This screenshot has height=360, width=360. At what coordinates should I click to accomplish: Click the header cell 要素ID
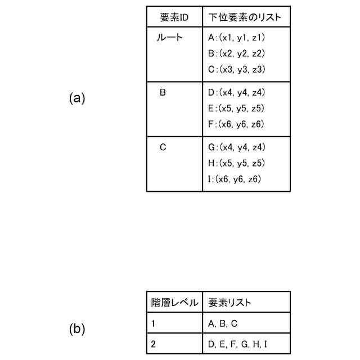click(x=174, y=17)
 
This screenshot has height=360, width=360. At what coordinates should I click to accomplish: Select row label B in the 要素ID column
click(x=163, y=92)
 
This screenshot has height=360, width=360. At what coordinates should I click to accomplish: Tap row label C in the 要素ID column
click(x=163, y=147)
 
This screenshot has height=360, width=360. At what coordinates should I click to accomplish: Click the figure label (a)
click(x=77, y=98)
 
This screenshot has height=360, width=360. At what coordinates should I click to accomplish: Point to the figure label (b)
click(x=77, y=329)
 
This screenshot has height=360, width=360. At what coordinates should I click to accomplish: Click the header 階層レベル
click(x=174, y=303)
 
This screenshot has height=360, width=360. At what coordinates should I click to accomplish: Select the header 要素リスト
click(x=229, y=303)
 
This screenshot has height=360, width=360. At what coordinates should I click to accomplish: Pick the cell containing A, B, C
click(x=223, y=323)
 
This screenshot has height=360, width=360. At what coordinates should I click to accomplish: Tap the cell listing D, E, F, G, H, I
click(x=237, y=343)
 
